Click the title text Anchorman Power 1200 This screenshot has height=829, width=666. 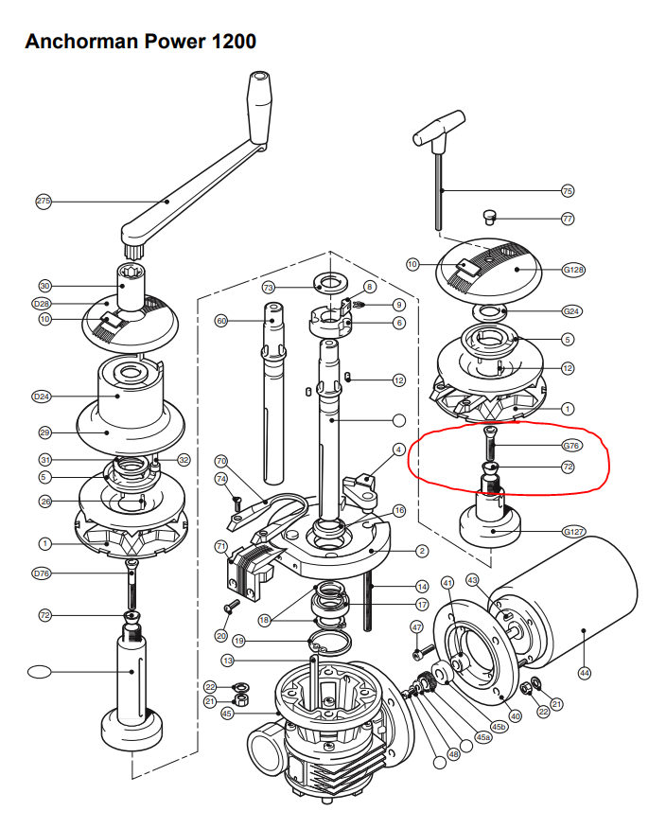(x=140, y=42)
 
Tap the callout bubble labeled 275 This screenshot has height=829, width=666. (x=44, y=202)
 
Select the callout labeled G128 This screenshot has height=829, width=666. (x=573, y=270)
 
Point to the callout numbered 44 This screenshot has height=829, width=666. (x=584, y=672)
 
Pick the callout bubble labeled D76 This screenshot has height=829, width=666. (x=42, y=573)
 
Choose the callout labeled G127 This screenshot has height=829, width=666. (x=573, y=532)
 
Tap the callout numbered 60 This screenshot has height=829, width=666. (x=222, y=321)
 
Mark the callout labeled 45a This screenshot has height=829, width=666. (x=482, y=737)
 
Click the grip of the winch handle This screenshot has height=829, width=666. (x=258, y=105)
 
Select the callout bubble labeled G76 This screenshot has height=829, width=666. (x=571, y=446)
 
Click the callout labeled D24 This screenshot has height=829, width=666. (x=42, y=396)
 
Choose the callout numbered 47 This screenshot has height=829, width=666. (x=416, y=627)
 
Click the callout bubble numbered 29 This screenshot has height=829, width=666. (x=44, y=432)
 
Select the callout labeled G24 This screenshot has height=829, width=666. (x=571, y=311)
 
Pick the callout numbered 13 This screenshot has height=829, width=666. (x=228, y=660)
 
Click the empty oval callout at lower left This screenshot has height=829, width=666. (x=40, y=672)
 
